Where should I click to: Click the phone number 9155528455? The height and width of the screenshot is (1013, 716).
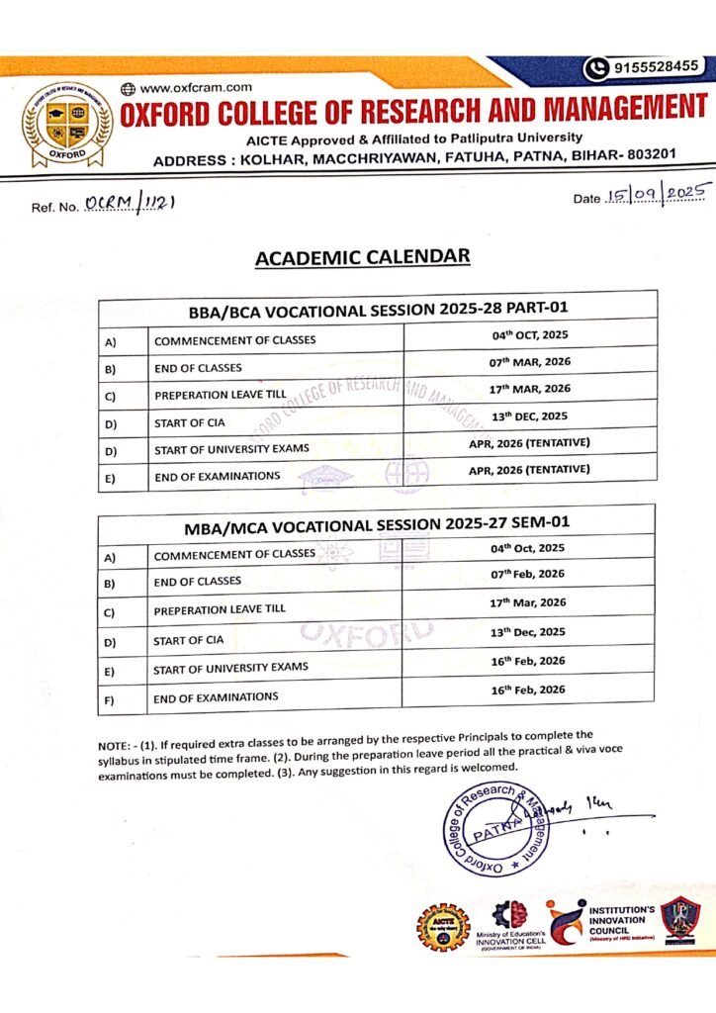tap(655, 67)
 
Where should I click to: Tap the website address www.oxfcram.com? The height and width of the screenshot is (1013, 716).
tap(197, 88)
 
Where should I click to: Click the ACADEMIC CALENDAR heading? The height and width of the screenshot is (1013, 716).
tap(362, 257)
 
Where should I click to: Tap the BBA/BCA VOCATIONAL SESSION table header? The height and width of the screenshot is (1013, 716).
tap(377, 308)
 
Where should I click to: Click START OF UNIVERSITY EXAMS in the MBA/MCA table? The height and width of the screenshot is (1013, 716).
tap(230, 668)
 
